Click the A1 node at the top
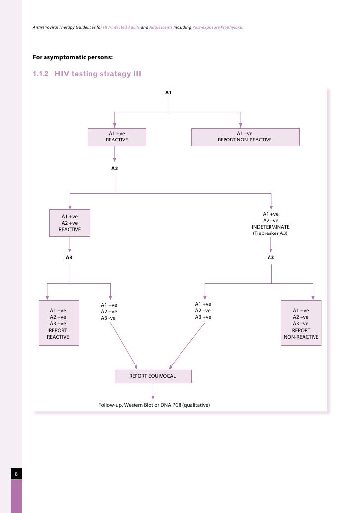(x=168, y=93)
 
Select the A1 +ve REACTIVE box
(x=117, y=137)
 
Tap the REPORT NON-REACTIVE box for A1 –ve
(x=245, y=137)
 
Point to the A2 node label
(x=115, y=168)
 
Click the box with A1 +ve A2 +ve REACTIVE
(x=70, y=223)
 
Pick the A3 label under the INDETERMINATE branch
(x=271, y=258)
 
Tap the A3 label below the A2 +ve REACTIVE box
(x=69, y=258)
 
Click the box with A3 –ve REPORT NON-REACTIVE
(x=301, y=323)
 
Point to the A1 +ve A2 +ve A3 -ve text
(x=109, y=311)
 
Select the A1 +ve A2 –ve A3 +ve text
(x=203, y=311)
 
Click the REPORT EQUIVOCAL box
(x=152, y=376)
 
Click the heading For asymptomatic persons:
(x=69, y=56)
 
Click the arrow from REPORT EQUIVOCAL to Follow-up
(x=153, y=391)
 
